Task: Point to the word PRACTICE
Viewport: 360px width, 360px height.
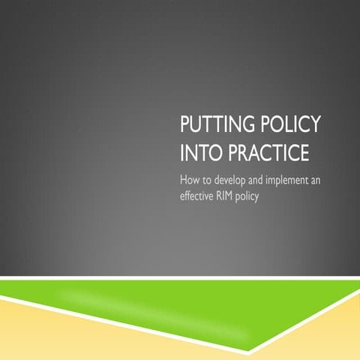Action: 265,153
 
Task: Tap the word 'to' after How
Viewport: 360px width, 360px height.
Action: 208,181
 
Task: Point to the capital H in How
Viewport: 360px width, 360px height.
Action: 184,180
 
